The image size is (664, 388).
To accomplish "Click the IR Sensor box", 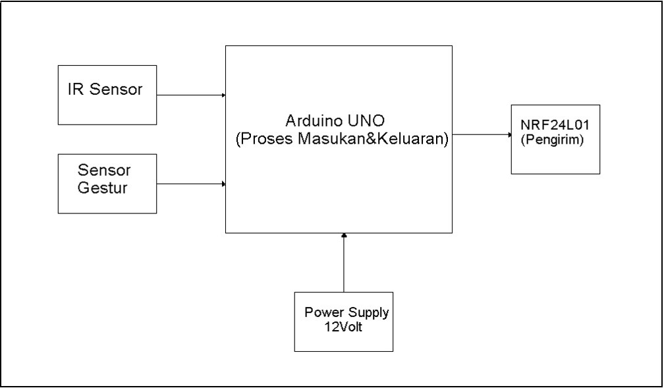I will (107, 95).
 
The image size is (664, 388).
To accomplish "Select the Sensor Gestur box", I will (107, 183).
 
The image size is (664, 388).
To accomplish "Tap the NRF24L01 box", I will (555, 139).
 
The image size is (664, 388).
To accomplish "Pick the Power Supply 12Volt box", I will (343, 321).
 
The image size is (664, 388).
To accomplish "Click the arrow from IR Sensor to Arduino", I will (191, 95).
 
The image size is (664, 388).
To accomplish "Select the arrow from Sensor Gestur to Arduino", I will (191, 184).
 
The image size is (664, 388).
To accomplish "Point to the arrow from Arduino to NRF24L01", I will (481, 134).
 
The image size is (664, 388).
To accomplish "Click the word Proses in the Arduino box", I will (263, 140).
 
